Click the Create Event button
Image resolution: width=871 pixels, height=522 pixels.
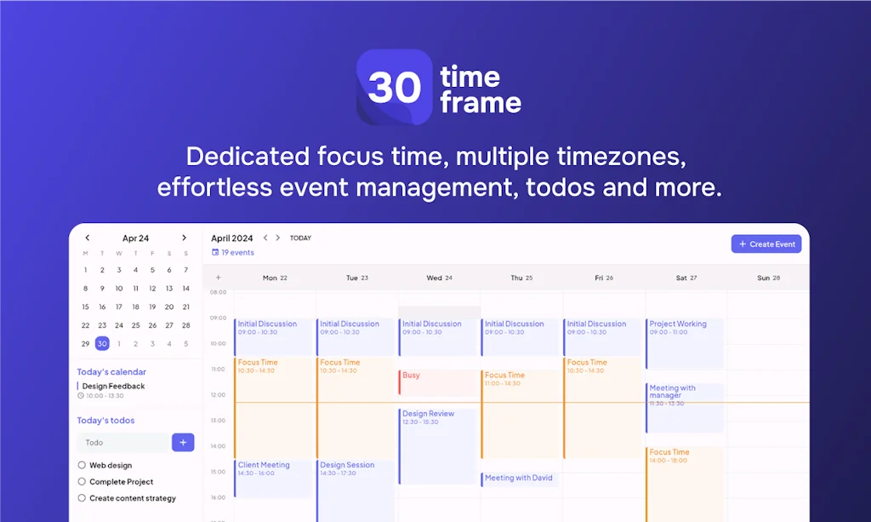pyautogui.click(x=766, y=244)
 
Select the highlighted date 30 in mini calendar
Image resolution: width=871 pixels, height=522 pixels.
pyautogui.click(x=102, y=344)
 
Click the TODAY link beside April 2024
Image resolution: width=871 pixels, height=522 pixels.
pyautogui.click(x=300, y=238)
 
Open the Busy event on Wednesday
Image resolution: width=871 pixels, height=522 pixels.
pyautogui.click(x=438, y=381)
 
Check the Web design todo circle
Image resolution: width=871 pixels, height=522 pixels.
pyautogui.click(x=82, y=465)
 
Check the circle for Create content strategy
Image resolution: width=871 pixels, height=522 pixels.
pyautogui.click(x=82, y=498)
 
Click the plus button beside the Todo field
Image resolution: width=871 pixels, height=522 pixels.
pyautogui.click(x=183, y=443)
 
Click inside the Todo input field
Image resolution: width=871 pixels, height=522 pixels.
pyautogui.click(x=123, y=443)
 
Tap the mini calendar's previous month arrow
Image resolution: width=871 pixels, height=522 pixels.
pyautogui.click(x=87, y=238)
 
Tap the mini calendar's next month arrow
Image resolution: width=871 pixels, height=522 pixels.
pyautogui.click(x=185, y=238)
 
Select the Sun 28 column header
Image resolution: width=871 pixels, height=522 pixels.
pyautogui.click(x=768, y=278)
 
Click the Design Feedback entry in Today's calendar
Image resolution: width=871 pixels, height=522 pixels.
pyautogui.click(x=113, y=386)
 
